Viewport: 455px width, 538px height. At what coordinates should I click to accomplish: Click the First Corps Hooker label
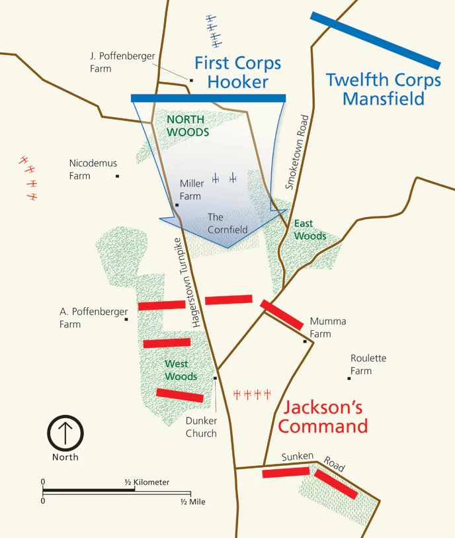coord(237,73)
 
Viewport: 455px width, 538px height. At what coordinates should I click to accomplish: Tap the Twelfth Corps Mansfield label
coord(384,90)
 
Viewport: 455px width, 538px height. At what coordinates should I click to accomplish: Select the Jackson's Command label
coord(323,416)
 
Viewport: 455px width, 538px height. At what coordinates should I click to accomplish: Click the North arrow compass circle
coord(65,433)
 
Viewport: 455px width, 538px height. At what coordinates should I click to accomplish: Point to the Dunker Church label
coord(201,427)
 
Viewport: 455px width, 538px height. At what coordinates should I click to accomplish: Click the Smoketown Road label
coord(297,152)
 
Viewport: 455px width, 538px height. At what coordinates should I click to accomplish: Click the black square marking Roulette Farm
coord(349,379)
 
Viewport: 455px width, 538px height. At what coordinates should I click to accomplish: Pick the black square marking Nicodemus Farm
coord(118,176)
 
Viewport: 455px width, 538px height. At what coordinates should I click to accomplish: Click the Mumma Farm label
coord(328,328)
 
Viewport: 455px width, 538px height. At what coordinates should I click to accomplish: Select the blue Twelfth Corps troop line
coord(375,40)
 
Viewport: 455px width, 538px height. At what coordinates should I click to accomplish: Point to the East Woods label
coord(310,230)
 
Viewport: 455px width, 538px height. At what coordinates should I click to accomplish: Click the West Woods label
coord(181,370)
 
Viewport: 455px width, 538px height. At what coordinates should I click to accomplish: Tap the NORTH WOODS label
coord(188,126)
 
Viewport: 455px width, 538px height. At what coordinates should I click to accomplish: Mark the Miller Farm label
coord(192,190)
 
